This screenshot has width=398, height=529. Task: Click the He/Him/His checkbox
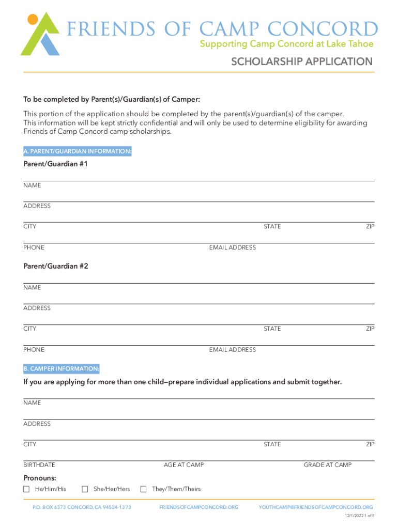point(26,489)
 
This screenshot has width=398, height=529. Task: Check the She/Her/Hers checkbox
point(85,489)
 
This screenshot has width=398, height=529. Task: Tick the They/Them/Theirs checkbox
point(144,489)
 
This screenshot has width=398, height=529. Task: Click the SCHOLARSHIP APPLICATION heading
point(301,62)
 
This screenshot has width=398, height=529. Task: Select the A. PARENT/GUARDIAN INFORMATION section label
point(78,151)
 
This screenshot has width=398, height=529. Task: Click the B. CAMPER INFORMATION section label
point(61,369)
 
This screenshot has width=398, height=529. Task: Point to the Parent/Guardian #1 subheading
point(56,164)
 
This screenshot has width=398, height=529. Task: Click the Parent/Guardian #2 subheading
point(56,266)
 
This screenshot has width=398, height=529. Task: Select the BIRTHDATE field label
point(39,465)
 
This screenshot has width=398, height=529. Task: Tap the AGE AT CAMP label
point(183,465)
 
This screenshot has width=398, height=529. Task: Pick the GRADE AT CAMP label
point(328,465)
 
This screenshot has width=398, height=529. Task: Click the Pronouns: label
point(40,478)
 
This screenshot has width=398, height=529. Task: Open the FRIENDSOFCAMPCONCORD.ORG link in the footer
point(199,507)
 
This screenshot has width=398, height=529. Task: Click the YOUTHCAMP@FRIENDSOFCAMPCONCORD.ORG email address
point(316,507)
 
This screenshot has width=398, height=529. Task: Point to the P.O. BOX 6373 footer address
point(82,507)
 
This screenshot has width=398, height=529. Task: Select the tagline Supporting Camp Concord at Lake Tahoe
point(286,44)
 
